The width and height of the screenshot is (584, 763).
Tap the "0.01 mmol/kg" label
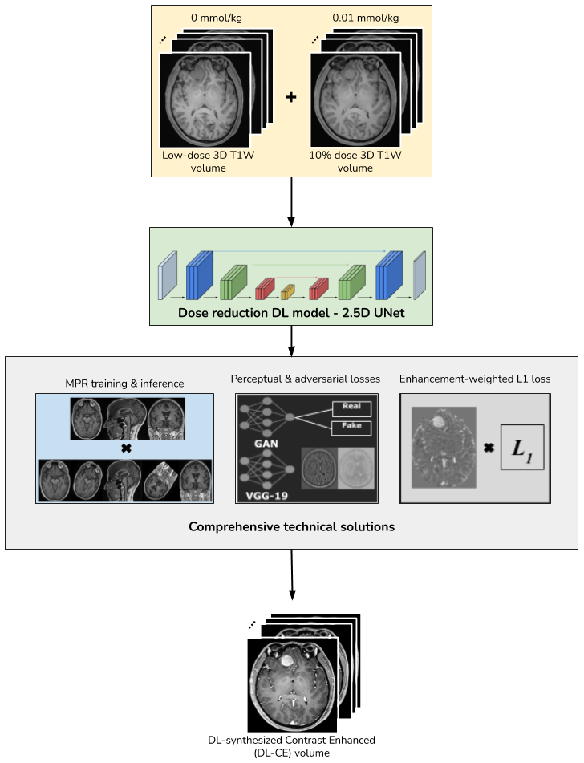click(x=365, y=17)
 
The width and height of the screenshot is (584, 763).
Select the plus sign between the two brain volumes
click(x=291, y=97)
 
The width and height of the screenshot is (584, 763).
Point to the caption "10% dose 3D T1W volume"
click(x=355, y=162)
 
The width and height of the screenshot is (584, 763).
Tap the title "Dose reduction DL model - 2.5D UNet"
click(x=291, y=312)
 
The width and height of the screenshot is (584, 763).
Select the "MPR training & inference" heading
click(x=124, y=383)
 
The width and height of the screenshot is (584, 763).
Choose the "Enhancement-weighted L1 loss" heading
click(x=475, y=378)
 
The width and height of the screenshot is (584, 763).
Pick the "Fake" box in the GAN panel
click(x=351, y=427)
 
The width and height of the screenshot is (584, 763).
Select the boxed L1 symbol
click(x=521, y=447)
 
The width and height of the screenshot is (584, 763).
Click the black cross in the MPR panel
click(x=125, y=448)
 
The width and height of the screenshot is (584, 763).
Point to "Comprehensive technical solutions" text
click(x=291, y=527)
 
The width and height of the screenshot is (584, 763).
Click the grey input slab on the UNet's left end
click(x=167, y=275)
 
